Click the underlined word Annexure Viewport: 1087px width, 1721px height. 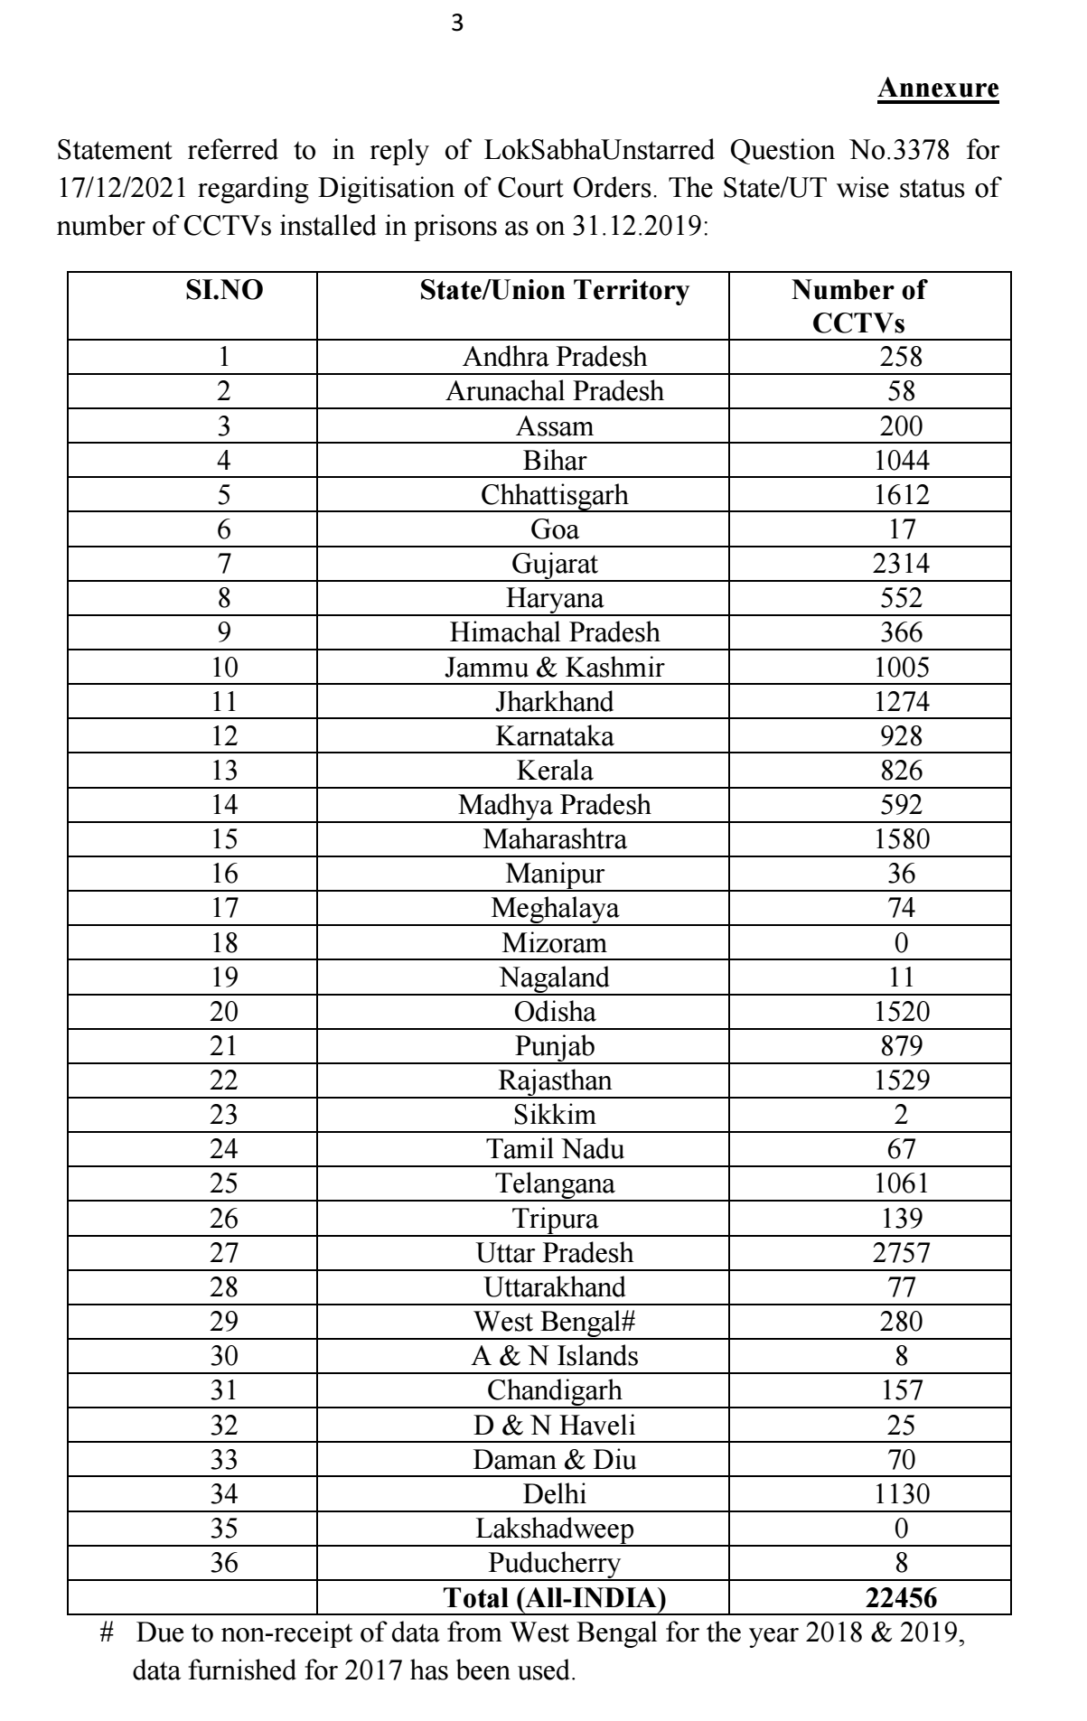(938, 89)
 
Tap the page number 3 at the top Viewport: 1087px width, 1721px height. (456, 24)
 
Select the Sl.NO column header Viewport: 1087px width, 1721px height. (224, 291)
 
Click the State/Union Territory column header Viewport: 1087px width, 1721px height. (554, 291)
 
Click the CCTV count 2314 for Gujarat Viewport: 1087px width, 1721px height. (901, 564)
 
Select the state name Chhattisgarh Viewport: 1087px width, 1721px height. (554, 495)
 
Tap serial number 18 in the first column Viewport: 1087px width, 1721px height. (224, 943)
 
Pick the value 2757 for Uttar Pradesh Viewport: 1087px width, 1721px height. (901, 1253)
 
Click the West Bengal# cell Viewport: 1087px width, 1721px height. (554, 1322)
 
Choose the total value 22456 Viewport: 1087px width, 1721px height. (901, 1597)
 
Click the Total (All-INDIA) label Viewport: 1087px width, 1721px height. (554, 1597)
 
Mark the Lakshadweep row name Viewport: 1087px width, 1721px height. (554, 1529)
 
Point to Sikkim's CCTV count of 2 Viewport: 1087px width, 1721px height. (901, 1115)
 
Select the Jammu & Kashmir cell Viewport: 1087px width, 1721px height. (554, 668)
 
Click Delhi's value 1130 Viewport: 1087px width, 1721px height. (901, 1494)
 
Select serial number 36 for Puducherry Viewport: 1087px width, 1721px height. (224, 1563)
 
